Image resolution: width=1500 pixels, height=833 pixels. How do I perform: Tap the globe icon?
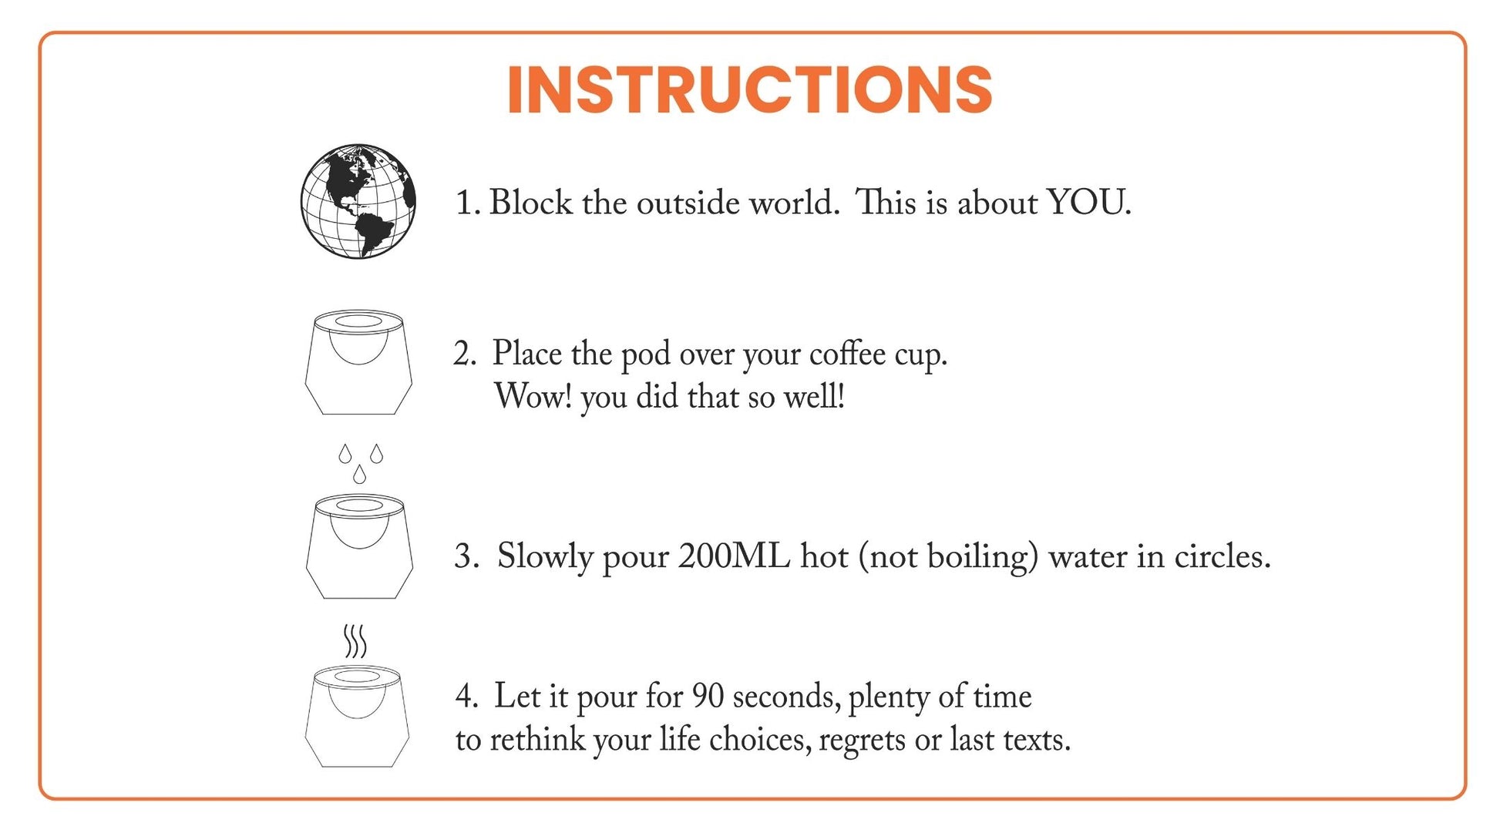pyautogui.click(x=358, y=200)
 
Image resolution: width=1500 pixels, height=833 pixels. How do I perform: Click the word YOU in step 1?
pyautogui.click(x=1088, y=203)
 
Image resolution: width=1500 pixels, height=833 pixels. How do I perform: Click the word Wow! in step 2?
pyautogui.click(x=533, y=397)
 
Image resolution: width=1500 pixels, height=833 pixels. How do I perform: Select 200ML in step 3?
pyautogui.click(x=734, y=556)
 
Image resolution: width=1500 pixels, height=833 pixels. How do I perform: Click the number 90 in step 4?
pyautogui.click(x=708, y=697)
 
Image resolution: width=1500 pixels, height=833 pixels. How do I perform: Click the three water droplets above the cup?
pyautogui.click(x=360, y=463)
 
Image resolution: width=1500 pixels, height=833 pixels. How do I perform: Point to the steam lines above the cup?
pyautogui.click(x=355, y=641)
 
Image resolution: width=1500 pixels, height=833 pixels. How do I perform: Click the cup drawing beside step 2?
pyautogui.click(x=358, y=362)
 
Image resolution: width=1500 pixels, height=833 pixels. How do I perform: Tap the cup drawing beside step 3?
pyautogui.click(x=359, y=546)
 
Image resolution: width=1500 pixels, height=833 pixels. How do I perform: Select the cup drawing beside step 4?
pyautogui.click(x=357, y=716)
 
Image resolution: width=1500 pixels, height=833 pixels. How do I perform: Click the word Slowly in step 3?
pyautogui.click(x=544, y=556)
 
